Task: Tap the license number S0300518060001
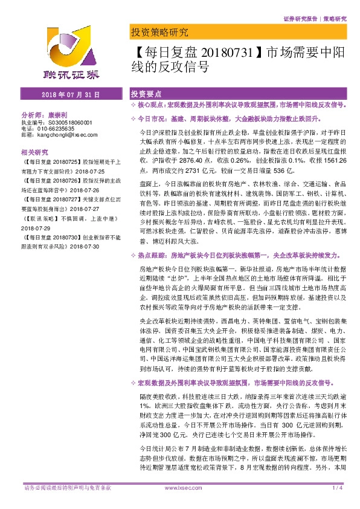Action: (x=65, y=122)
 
